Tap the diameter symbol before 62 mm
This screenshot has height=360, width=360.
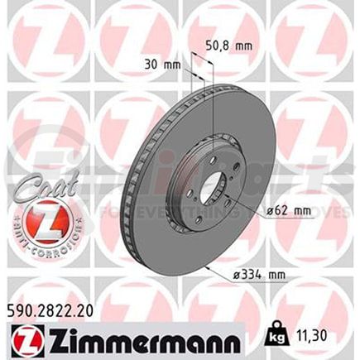(271, 211)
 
